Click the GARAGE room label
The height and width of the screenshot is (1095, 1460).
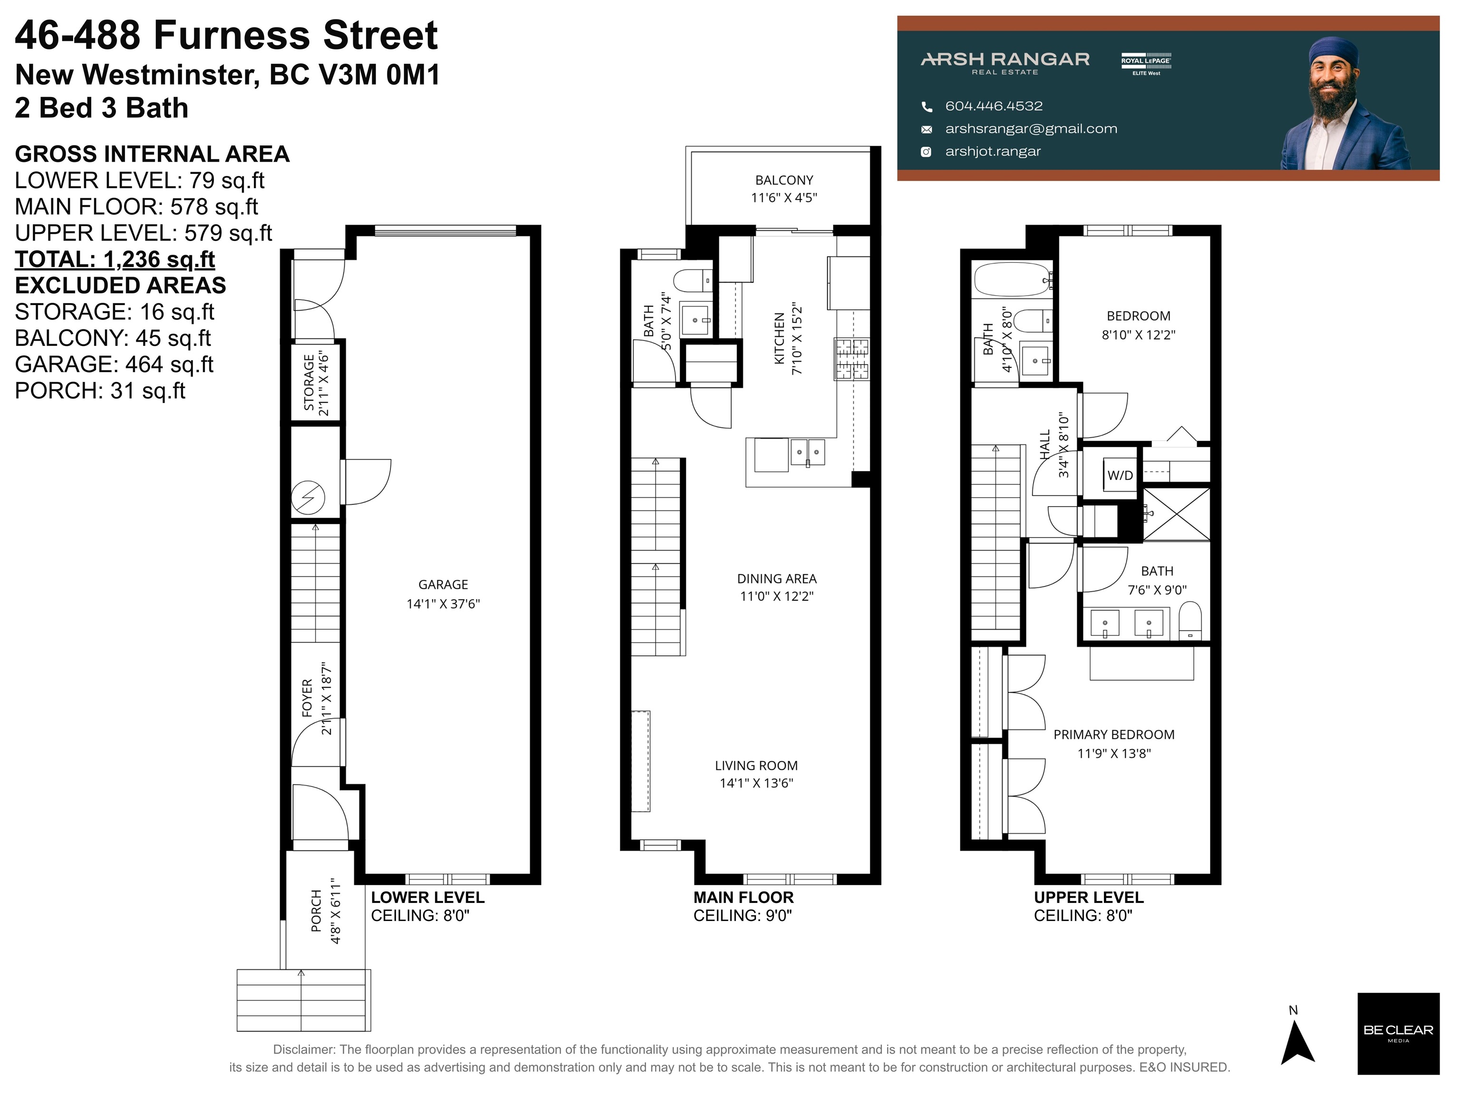(443, 585)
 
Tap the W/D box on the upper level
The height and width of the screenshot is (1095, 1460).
(1120, 475)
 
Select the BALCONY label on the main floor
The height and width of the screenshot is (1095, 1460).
(783, 180)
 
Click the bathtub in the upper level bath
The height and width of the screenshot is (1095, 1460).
(1012, 279)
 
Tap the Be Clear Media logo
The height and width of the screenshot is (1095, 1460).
(1397, 1034)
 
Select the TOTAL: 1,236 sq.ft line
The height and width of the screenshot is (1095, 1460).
(115, 259)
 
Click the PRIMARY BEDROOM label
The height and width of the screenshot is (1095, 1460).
(1113, 735)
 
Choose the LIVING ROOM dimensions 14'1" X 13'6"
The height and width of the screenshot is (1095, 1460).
(756, 783)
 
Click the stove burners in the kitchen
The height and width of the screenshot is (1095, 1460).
(852, 359)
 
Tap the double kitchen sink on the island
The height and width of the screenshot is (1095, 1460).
(807, 452)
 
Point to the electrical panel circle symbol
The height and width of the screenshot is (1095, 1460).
(308, 498)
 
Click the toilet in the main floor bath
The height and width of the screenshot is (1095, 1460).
(693, 280)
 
